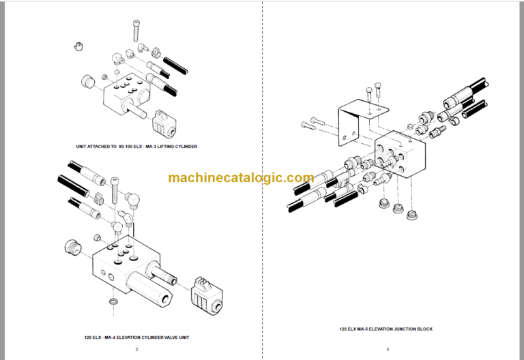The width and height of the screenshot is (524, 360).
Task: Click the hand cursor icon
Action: (x=78, y=46)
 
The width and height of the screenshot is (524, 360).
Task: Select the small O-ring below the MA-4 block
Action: (x=113, y=301)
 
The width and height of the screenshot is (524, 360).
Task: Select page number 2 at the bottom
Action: (x=136, y=350)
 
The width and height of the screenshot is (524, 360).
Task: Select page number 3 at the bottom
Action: (x=387, y=350)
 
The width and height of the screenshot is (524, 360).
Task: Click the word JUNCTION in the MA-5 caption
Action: (x=401, y=329)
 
